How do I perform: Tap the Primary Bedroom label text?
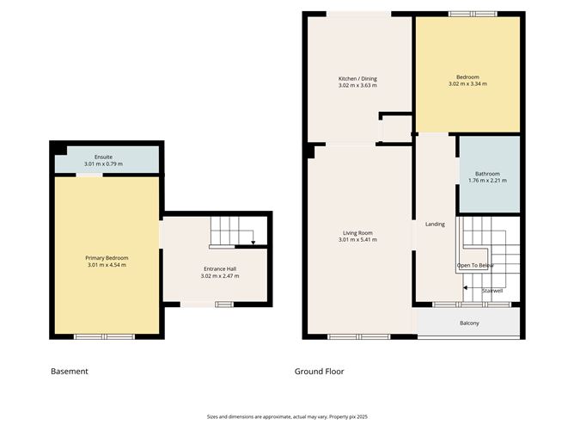point(107,257)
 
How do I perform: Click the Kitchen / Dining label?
point(357,78)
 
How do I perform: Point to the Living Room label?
point(357,232)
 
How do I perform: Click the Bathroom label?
point(487,174)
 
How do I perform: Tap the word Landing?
point(435,225)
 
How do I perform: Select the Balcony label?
point(468,323)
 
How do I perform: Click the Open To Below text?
point(475,266)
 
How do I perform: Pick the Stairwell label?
point(492,292)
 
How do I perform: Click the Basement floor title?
point(70,372)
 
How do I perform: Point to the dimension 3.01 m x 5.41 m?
point(357,239)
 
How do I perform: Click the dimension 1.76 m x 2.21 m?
point(487,181)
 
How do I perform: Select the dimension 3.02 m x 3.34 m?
point(467,84)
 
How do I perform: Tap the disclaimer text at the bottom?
point(286,416)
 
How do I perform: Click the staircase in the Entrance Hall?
point(233,231)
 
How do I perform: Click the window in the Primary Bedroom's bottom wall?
point(104,336)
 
